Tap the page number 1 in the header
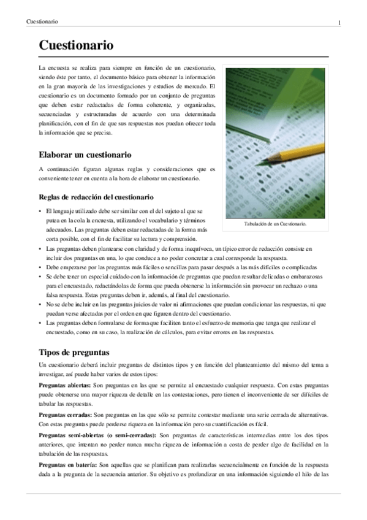tap(339, 23)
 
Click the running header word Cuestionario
tap(42, 22)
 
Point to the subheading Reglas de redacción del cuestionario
tap(96, 197)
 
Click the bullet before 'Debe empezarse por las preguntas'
tap(40, 268)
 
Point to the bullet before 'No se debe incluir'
tap(40, 304)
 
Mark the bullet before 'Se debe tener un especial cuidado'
tap(40, 277)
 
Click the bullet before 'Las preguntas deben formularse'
tap(40, 323)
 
